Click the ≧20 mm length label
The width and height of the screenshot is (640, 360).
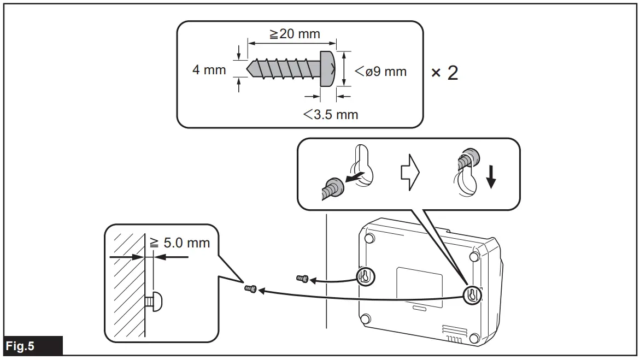[295, 34]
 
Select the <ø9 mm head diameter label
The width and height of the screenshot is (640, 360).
[380, 71]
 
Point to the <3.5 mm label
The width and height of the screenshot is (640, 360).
[331, 114]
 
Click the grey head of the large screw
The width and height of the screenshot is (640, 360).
[327, 69]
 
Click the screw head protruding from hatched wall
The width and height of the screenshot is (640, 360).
[157, 301]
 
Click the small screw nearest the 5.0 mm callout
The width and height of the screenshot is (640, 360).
[251, 288]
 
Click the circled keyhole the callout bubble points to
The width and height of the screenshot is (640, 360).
[473, 295]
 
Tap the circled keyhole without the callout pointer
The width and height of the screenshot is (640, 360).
[365, 277]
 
